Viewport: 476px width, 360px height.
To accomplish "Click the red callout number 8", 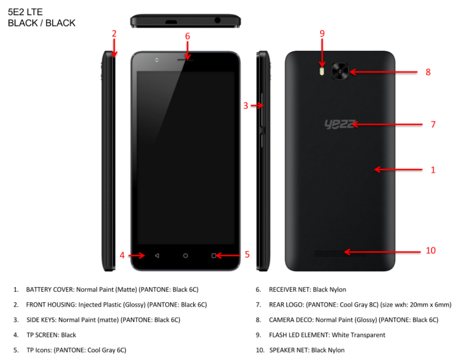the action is coord(428,72).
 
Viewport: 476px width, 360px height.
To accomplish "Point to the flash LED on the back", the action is coord(323,72).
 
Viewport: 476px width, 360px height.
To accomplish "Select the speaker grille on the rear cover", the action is coord(340,253).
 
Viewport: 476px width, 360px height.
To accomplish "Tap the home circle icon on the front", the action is coord(185,255).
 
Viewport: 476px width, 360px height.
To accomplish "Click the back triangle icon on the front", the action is coord(157,255).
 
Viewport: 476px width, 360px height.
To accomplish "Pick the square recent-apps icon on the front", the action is coord(214,255).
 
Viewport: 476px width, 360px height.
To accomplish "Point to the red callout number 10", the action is coord(431,251).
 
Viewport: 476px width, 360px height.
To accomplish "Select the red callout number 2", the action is coord(114,34).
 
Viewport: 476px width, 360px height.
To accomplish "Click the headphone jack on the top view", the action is coord(218,21).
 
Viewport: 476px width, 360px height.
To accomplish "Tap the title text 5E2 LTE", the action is coord(25,12).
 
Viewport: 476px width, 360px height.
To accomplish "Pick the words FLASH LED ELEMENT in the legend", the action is coord(299,335).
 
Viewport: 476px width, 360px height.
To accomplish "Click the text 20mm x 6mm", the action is coord(424,305).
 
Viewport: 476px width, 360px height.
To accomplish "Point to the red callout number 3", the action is coord(245,106).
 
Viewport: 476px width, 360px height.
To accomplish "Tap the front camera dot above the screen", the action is coord(156,60).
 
